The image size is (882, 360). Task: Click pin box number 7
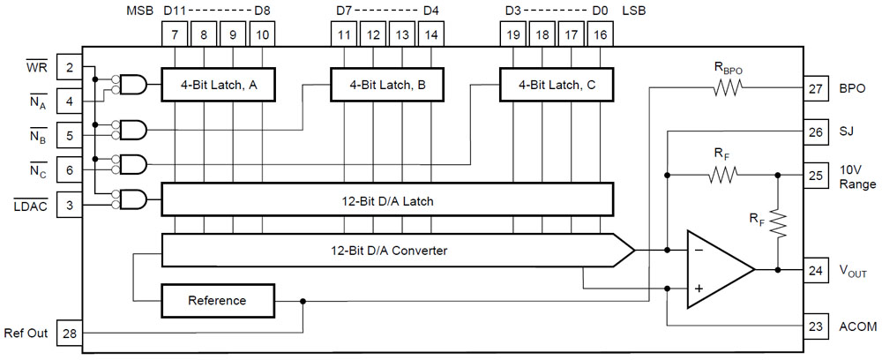click(176, 35)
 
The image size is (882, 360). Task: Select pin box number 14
click(431, 35)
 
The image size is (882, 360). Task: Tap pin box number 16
click(601, 35)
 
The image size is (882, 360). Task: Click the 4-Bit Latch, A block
click(218, 86)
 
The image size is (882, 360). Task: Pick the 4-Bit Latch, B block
click(387, 86)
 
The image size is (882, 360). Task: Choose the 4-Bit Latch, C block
click(556, 86)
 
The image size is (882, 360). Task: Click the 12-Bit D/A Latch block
click(387, 201)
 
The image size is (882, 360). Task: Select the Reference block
click(217, 301)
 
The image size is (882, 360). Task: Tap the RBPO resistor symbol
click(729, 87)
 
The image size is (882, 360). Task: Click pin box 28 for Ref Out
click(69, 334)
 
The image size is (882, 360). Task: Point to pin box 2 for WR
click(69, 67)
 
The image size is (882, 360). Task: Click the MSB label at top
click(139, 11)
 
